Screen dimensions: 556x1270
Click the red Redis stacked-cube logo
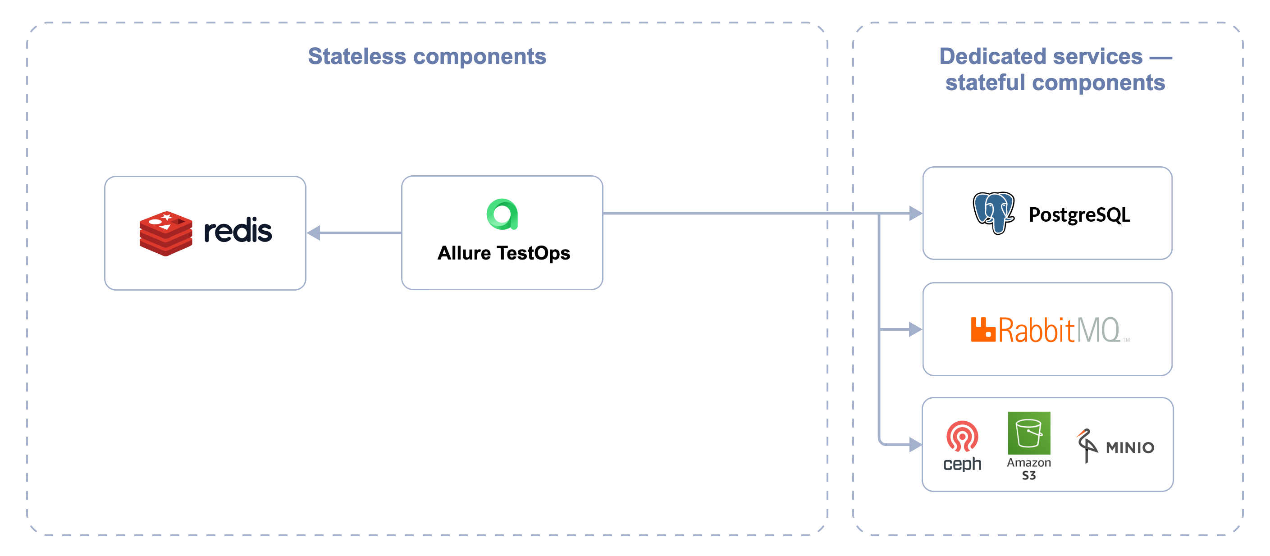(166, 233)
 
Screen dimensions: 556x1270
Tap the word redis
(238, 231)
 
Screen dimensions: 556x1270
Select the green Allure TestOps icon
(502, 214)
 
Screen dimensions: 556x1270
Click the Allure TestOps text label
(503, 253)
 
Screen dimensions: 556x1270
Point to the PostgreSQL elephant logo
(993, 213)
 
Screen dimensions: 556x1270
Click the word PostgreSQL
(1079, 215)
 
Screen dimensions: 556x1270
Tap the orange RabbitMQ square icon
(982, 329)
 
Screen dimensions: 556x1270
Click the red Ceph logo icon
(962, 436)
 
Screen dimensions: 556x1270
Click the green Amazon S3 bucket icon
(1029, 433)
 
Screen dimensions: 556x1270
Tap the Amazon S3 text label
(1029, 469)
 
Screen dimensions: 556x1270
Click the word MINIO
(1129, 447)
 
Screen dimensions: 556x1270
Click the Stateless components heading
(427, 56)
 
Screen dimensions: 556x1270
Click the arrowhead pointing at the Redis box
(314, 232)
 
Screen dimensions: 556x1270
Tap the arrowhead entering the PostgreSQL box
(915, 213)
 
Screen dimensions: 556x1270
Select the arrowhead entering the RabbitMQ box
(915, 329)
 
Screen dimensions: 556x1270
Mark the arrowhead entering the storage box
(915, 445)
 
